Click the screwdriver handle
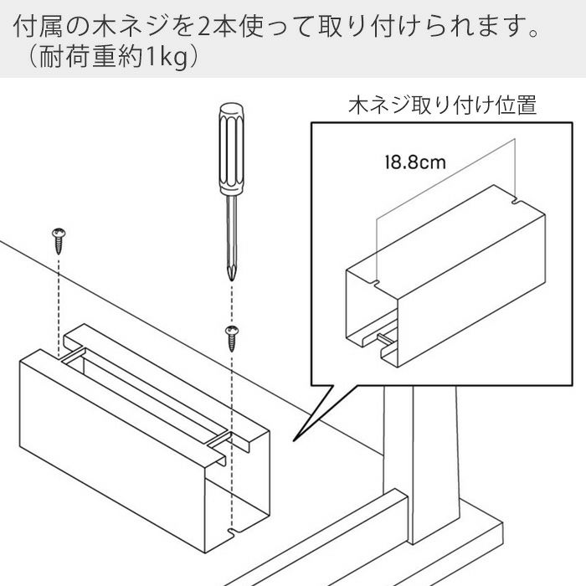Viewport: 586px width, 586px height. [231, 149]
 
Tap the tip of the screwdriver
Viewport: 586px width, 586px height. [232, 280]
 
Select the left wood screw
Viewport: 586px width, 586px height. [59, 241]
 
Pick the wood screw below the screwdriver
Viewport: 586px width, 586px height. [232, 338]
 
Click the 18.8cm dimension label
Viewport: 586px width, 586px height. [415, 162]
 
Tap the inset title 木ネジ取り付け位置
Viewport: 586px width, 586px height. [443, 105]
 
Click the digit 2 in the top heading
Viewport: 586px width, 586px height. [204, 28]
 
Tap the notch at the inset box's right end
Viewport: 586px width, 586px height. [516, 202]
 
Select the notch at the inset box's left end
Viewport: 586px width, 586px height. [377, 281]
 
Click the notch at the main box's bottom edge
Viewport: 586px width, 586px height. [232, 531]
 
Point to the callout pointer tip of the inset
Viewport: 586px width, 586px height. [294, 441]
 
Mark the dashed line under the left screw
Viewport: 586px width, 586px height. [59, 306]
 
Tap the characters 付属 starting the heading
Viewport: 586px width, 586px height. [37, 28]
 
